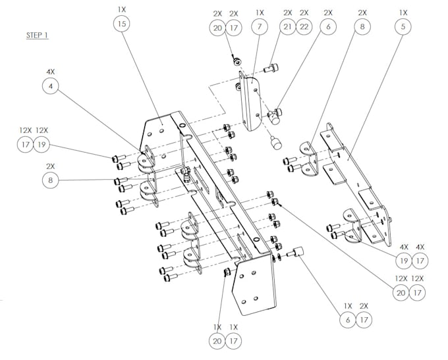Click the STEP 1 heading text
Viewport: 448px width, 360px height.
point(38,35)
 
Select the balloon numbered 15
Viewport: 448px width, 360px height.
point(121,24)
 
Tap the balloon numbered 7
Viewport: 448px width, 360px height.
point(260,27)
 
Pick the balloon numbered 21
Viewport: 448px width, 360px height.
point(287,27)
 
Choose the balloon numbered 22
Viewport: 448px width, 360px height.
point(304,27)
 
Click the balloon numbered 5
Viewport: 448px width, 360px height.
point(403,27)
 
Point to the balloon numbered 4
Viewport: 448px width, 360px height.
point(51,85)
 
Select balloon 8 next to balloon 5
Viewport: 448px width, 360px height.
point(362,27)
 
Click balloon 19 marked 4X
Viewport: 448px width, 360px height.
point(401,261)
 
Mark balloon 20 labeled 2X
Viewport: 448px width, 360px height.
point(218,27)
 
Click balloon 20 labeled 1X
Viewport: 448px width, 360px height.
point(217,341)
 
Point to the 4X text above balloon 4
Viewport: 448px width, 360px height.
point(51,71)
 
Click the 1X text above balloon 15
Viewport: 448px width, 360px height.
point(121,10)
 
